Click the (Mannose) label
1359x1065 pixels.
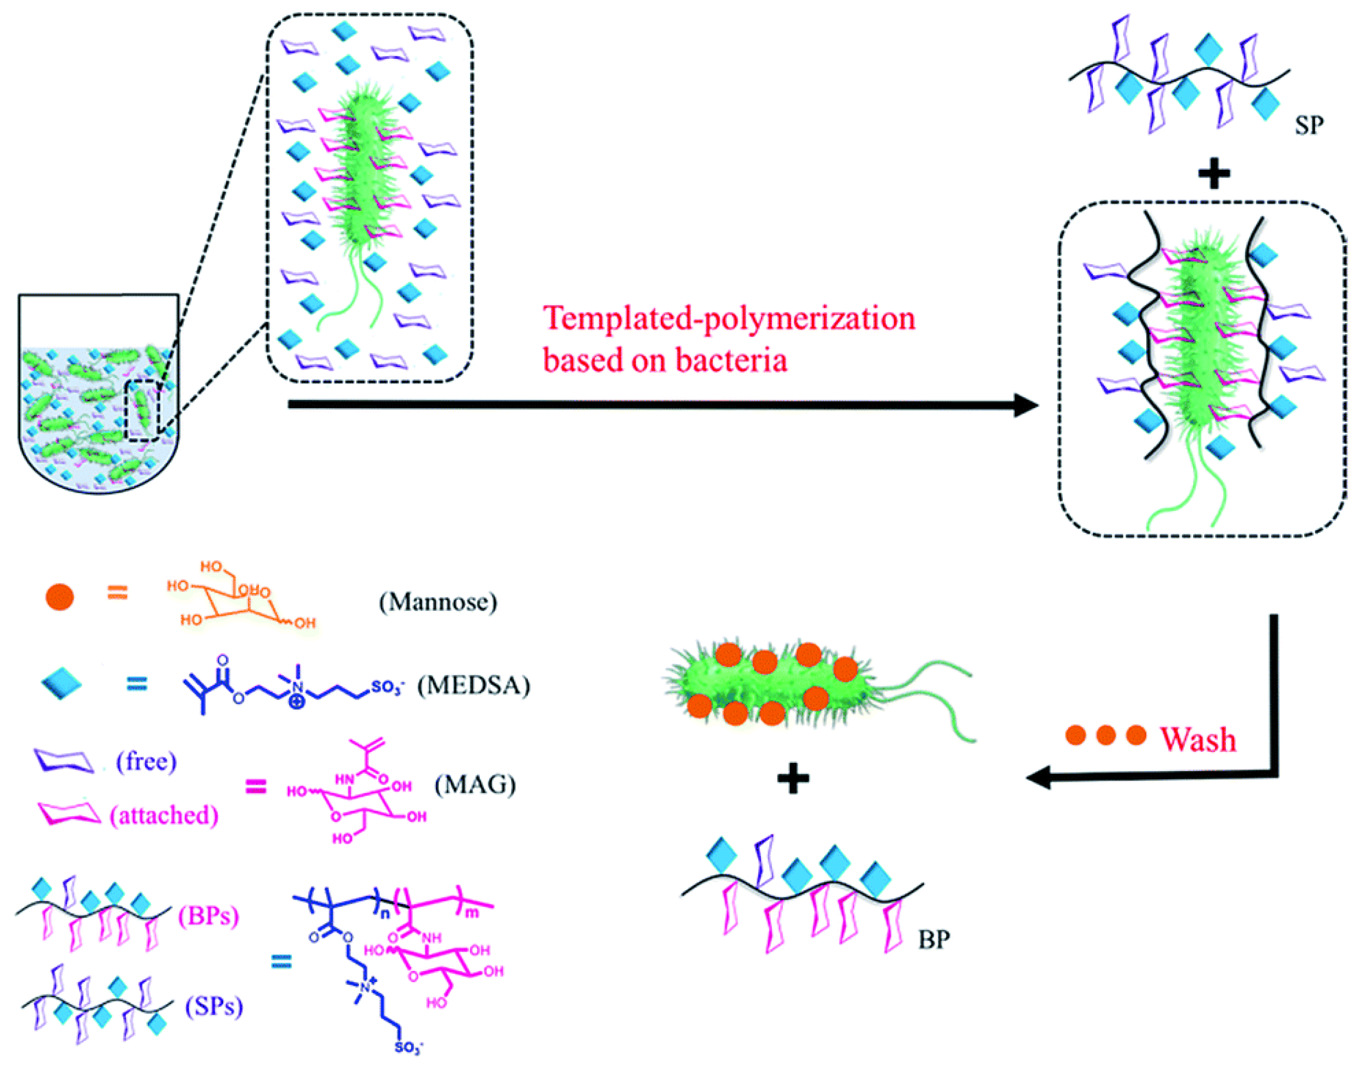click(x=438, y=602)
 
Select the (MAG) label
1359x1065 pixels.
click(x=475, y=784)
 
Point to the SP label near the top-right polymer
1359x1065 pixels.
click(x=1308, y=125)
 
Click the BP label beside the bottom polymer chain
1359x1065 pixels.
click(x=933, y=939)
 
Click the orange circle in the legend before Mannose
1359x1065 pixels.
click(x=60, y=596)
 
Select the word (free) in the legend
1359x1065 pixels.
click(x=146, y=761)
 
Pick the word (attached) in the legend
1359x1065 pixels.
click(x=163, y=815)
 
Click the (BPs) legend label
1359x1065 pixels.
click(x=208, y=916)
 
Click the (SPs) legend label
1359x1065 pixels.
click(x=214, y=1006)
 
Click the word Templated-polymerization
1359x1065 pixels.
click(x=729, y=319)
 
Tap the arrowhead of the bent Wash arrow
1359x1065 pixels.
click(x=1039, y=778)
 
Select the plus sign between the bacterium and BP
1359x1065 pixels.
click(x=793, y=778)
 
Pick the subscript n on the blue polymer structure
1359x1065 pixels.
click(x=385, y=914)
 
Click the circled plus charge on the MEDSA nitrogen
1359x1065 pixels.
click(x=297, y=701)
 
